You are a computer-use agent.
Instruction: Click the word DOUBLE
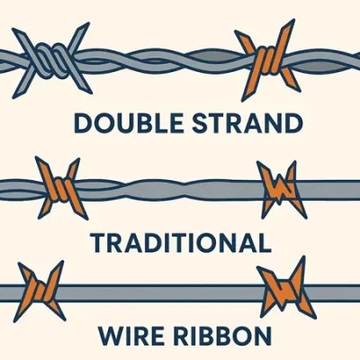pyautogui.click(x=129, y=123)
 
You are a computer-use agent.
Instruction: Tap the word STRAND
pyautogui.click(x=247, y=123)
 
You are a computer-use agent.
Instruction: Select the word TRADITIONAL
pyautogui.click(x=181, y=242)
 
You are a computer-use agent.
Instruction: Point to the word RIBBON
pyautogui.click(x=223, y=336)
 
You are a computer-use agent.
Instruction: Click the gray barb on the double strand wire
pyautogui.click(x=51, y=60)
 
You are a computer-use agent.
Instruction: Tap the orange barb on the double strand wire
pyautogui.click(x=268, y=60)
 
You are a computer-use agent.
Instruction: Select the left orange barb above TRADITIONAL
pyautogui.click(x=60, y=188)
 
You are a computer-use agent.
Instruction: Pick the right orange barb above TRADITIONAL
pyautogui.click(x=282, y=189)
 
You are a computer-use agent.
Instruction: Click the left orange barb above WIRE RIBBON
pyautogui.click(x=40, y=291)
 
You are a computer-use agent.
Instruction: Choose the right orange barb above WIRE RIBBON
pyautogui.click(x=285, y=288)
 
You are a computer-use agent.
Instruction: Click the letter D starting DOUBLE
pyautogui.click(x=83, y=123)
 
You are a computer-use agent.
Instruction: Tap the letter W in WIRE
pyautogui.click(x=111, y=336)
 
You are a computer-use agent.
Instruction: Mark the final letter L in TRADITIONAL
pyautogui.click(x=265, y=242)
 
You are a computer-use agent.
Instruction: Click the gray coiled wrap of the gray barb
pyautogui.click(x=51, y=60)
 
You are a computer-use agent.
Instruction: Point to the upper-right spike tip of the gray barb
pyautogui.click(x=88, y=23)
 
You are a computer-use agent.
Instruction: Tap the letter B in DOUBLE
pyautogui.click(x=142, y=123)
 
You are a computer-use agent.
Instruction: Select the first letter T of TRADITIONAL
pyautogui.click(x=98, y=242)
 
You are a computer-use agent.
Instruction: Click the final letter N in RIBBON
pyautogui.click(x=263, y=336)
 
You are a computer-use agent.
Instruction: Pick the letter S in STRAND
pyautogui.click(x=200, y=123)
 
